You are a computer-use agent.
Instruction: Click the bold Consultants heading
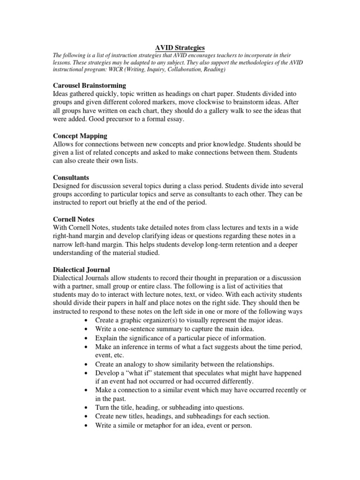click(x=72, y=178)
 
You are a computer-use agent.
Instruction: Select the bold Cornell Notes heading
click(x=75, y=219)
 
